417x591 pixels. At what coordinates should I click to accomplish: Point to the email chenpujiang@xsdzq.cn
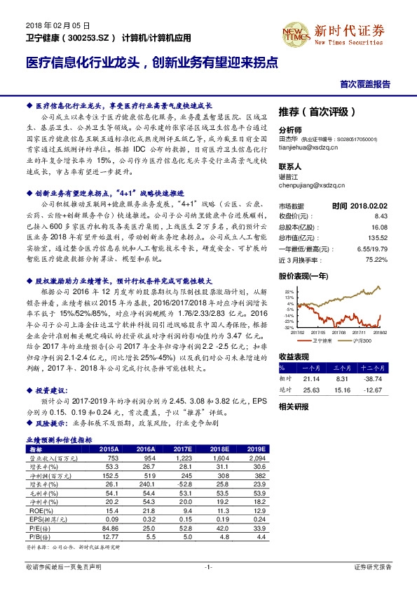pyautogui.click(x=313, y=186)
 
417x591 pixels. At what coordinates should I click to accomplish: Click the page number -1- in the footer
pyautogui.click(x=208, y=566)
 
